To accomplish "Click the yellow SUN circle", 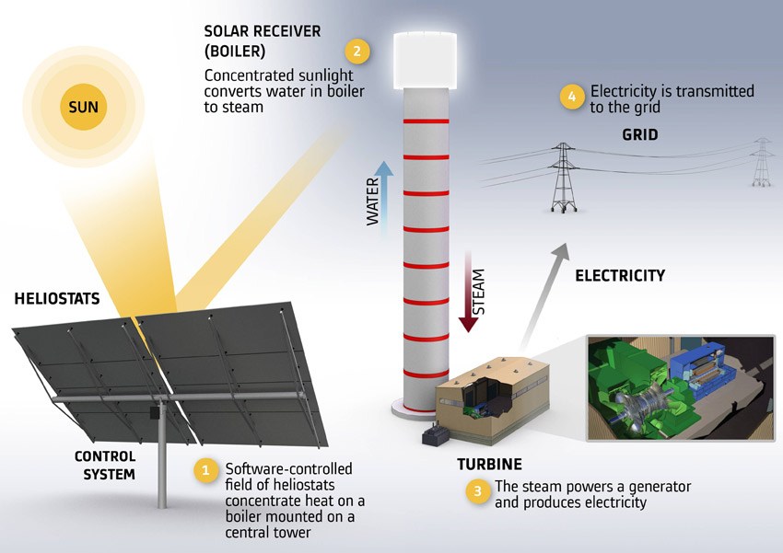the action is point(84,107).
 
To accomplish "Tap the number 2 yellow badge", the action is point(357,52).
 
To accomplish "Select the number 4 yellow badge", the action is point(572,97).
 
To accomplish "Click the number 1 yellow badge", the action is point(205,470).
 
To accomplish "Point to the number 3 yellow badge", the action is point(478,491).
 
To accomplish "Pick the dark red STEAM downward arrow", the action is point(468,292).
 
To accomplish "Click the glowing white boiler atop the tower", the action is point(425,61).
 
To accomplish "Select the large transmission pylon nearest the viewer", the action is point(563,178).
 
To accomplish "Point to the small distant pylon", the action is point(762,162).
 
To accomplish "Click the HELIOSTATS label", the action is point(57,299).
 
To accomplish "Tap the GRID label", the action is point(639,134).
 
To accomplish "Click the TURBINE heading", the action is point(489,465).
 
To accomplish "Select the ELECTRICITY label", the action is point(620,276).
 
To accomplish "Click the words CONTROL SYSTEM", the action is point(105,466).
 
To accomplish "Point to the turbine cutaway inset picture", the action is point(681,388).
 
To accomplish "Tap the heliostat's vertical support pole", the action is point(162,454).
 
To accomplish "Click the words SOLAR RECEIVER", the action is point(263,31).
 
